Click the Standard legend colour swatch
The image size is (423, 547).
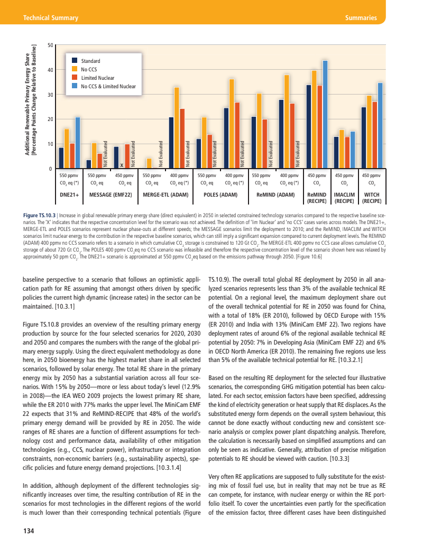coord(75,61)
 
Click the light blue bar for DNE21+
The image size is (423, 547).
coord(78,143)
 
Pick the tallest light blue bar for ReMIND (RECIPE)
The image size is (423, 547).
coord(325,115)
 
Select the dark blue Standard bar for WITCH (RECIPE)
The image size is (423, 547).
coord(364,138)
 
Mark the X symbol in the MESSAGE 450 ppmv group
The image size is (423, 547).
coord(122,165)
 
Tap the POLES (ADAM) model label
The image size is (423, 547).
coord(219,194)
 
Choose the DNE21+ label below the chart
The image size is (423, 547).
coord(69,194)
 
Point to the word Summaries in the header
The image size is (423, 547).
coord(360,18)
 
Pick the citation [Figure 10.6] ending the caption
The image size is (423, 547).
coord(307,256)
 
